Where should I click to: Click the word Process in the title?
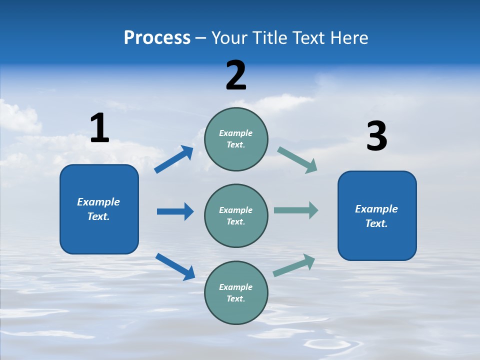(157, 38)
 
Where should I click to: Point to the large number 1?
(99, 128)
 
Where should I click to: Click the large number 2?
(236, 75)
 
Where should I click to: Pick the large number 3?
(376, 136)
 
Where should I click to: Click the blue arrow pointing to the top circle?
(174, 159)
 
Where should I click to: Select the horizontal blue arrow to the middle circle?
(175, 211)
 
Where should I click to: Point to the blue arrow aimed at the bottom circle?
(175, 266)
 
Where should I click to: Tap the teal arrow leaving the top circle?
(297, 159)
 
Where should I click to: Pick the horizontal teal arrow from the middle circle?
(296, 210)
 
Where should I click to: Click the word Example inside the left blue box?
(98, 202)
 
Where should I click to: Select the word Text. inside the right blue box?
(376, 223)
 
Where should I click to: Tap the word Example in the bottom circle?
(236, 287)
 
